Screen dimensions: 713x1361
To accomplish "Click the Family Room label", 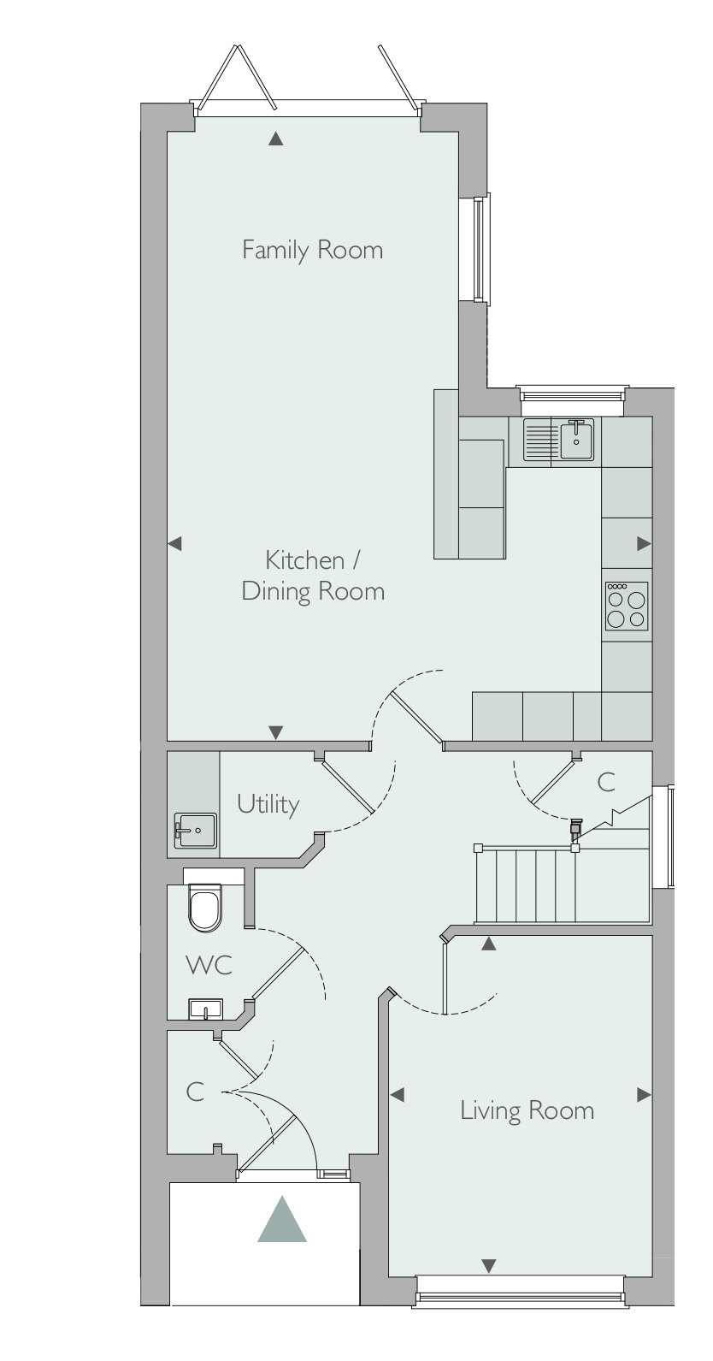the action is point(312,250).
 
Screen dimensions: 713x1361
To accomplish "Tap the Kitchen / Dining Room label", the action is point(314,576).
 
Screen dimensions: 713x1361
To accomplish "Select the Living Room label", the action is point(527,1110).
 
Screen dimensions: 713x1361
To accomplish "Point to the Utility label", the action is point(268,804).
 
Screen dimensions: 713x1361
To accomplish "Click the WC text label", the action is point(209,965).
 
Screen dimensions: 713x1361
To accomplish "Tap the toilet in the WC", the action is point(205,907).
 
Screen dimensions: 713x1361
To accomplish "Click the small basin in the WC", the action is point(206,1009).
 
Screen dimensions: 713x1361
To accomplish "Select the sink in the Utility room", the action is point(196,831).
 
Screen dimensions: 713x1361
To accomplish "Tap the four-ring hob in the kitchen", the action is point(627,606).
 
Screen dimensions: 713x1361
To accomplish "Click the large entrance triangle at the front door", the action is point(282,1219).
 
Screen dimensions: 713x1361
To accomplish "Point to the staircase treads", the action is point(526,885).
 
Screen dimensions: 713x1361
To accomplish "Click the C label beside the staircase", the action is point(606,782).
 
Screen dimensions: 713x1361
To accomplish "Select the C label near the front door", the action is point(195,1092).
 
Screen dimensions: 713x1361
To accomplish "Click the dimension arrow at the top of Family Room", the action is point(276,139).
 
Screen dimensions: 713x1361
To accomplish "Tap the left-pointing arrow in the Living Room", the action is point(398,1095).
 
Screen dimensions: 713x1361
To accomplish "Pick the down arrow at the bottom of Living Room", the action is point(489,1266).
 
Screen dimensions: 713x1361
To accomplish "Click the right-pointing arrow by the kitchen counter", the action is point(644,544).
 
